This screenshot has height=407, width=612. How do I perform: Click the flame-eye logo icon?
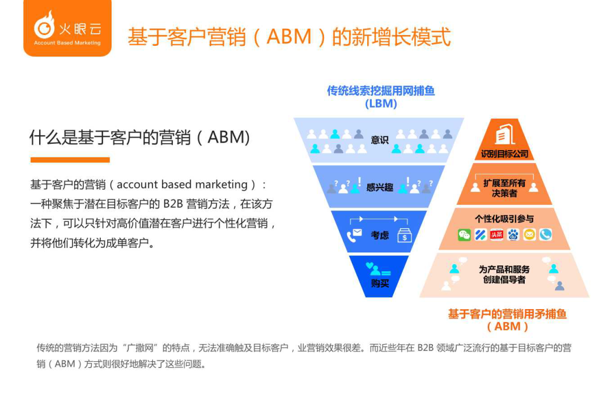[x=44, y=25]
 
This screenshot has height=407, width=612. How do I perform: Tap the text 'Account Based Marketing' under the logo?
[x=67, y=43]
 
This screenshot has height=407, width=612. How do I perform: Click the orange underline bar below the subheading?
[x=70, y=160]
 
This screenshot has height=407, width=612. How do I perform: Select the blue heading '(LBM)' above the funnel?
[x=381, y=104]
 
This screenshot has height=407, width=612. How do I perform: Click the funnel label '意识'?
[x=379, y=140]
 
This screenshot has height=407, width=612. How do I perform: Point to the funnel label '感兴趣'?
[x=379, y=187]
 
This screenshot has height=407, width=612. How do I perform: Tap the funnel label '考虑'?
[x=379, y=235]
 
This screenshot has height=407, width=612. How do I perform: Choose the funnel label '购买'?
[x=380, y=283]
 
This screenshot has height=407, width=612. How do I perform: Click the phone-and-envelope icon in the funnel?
[x=354, y=235]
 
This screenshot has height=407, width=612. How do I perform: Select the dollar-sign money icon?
[x=405, y=235]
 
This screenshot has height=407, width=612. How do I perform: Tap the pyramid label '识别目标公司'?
[x=504, y=154]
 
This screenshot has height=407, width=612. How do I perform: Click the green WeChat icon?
[x=464, y=235]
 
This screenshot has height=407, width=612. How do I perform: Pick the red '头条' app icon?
[x=496, y=235]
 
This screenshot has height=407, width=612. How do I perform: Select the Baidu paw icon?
[x=513, y=235]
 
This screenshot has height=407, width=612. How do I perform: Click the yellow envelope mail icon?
[x=529, y=235]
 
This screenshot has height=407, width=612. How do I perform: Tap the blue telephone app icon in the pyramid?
[x=546, y=235]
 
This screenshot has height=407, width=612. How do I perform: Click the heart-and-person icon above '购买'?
[x=377, y=269]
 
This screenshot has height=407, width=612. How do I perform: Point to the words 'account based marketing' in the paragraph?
[x=182, y=185]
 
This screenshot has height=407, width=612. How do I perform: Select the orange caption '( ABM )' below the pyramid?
[x=507, y=327]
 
